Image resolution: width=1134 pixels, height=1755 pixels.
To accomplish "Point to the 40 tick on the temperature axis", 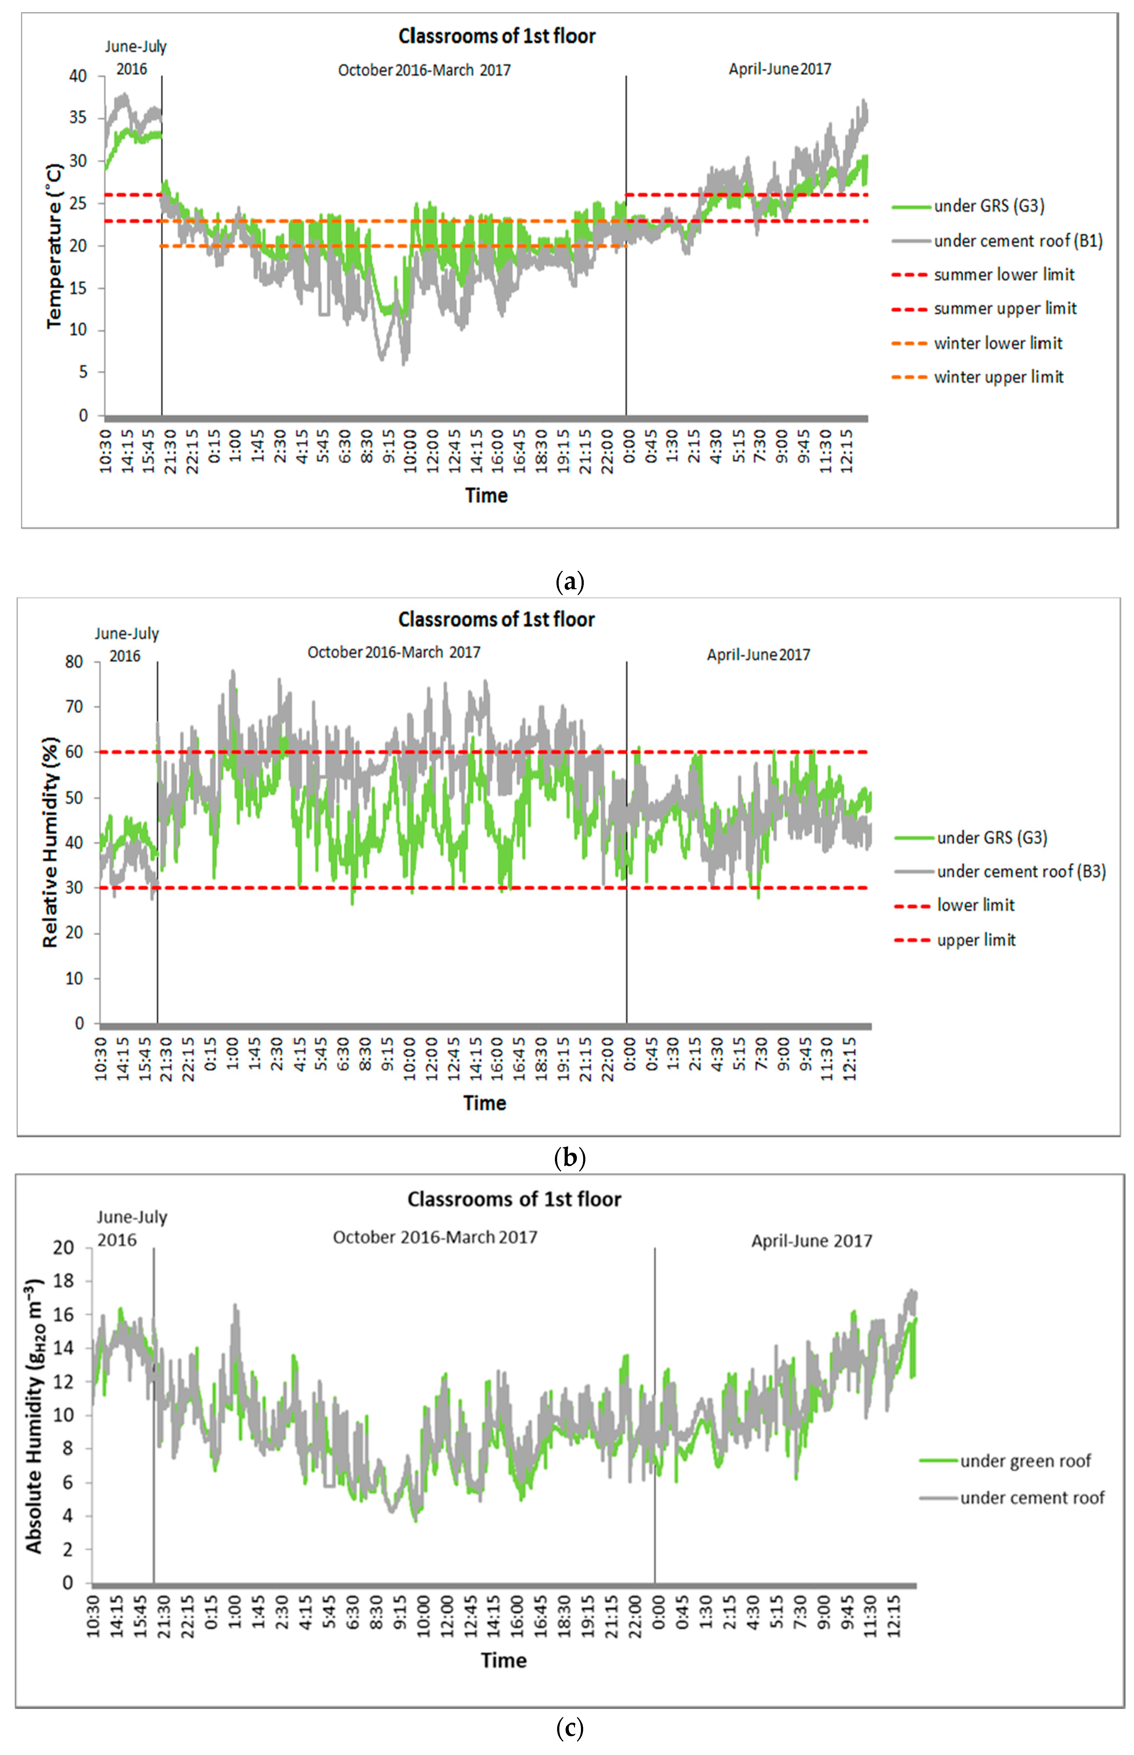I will click(x=78, y=76).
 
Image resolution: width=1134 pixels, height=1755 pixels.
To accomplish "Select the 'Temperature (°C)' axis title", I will click(x=54, y=245).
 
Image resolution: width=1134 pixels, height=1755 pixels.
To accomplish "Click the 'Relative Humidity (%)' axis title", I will click(x=50, y=842).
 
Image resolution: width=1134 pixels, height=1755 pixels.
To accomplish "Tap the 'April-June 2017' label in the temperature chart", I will click(x=780, y=69).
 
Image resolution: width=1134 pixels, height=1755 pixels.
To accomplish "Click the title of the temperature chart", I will click(x=497, y=36).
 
